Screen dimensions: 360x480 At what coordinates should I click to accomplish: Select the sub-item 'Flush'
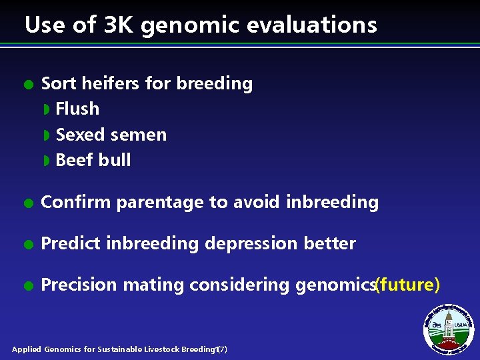tap(77, 109)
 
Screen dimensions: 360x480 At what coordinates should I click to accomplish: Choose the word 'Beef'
tap(74, 160)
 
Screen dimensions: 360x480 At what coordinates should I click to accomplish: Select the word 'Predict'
tap(69, 243)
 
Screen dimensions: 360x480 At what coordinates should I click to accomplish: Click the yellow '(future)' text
tap(407, 285)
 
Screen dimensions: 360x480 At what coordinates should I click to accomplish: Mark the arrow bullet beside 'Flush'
tap(47, 109)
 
